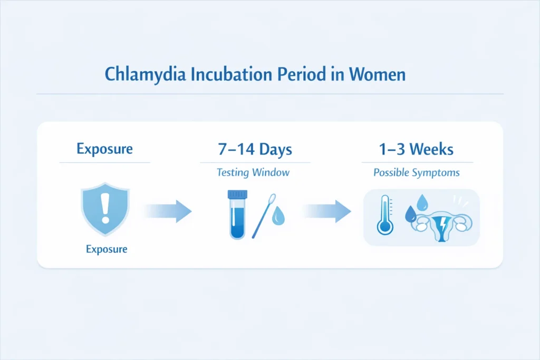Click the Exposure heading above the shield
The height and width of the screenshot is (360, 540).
(104, 149)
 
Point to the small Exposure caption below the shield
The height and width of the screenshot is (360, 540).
(107, 248)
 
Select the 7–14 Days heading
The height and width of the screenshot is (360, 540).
(255, 149)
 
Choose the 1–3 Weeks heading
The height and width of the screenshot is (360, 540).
(416, 149)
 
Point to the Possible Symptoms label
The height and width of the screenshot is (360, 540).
(416, 172)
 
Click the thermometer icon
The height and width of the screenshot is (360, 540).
(385, 215)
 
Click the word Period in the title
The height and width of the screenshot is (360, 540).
(300, 74)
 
